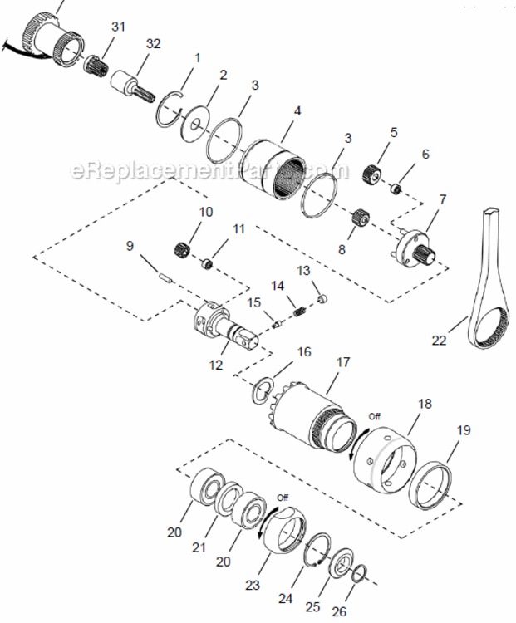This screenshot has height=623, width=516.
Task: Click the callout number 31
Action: tap(118, 27)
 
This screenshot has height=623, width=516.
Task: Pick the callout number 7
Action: tap(443, 199)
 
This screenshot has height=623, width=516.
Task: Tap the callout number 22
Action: tap(440, 340)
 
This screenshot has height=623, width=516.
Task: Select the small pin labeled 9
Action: tap(164, 273)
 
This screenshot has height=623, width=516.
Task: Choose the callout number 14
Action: tap(278, 285)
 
